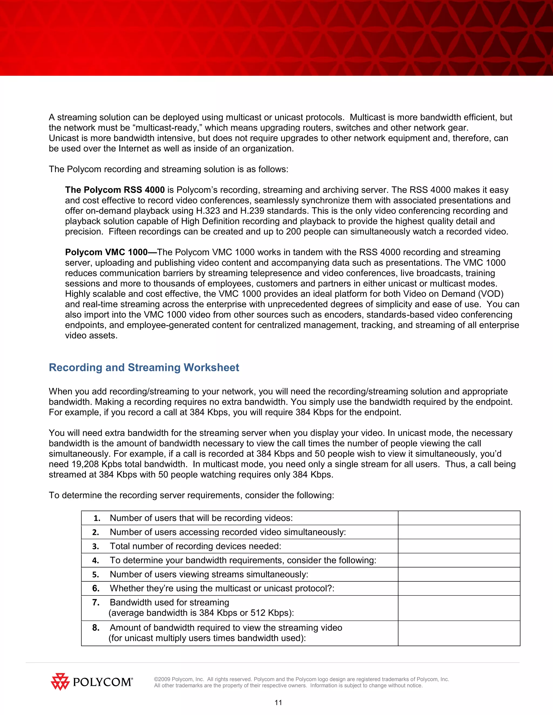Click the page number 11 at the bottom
tap(278, 703)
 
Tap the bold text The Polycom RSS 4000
tap(115, 190)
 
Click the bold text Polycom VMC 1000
tap(106, 252)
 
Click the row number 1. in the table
tap(97, 518)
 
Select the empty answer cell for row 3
tap(459, 546)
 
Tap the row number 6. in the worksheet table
tap(96, 588)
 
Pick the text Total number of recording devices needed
tap(195, 546)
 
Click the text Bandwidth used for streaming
tap(169, 602)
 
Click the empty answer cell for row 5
tap(459, 574)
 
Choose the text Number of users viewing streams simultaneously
tap(209, 574)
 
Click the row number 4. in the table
tap(96, 560)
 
